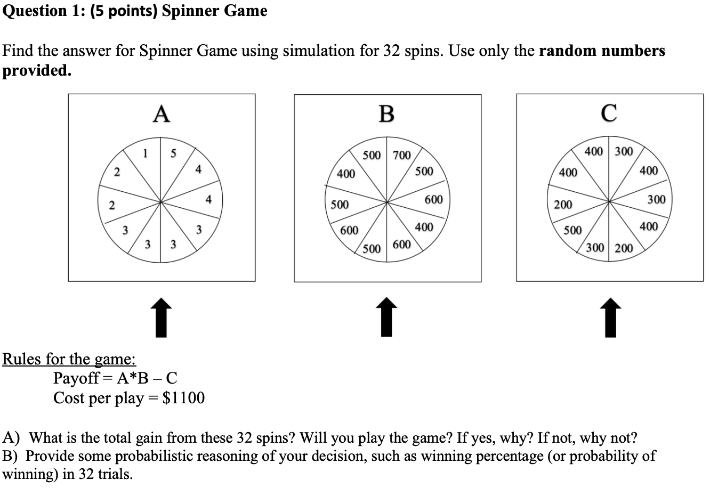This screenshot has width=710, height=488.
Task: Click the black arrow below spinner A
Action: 162,318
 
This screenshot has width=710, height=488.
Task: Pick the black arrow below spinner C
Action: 609,318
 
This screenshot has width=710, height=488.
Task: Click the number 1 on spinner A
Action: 146,154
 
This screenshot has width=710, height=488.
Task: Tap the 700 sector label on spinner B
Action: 401,156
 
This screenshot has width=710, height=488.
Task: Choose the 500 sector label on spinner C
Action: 573,231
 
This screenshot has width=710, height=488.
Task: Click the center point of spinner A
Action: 162,202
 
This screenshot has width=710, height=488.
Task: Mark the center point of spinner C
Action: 609,201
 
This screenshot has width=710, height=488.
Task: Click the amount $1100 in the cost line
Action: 183,398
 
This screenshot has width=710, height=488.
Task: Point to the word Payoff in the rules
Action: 76,378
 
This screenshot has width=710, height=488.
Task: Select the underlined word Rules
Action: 22,359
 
